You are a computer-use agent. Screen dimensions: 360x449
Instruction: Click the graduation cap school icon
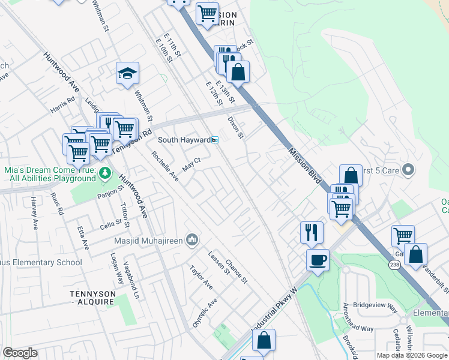(127, 74)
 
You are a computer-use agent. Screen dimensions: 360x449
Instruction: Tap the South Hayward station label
(184, 140)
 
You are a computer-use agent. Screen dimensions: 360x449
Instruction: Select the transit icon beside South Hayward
(214, 140)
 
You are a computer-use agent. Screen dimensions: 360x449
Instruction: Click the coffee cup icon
(318, 260)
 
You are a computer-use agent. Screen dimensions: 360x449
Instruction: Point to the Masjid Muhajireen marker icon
(192, 240)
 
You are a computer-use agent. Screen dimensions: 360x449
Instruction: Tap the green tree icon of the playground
(106, 173)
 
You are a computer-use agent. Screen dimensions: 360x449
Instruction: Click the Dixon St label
(235, 127)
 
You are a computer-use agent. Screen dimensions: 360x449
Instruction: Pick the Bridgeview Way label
(375, 307)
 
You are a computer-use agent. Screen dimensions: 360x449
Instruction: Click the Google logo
(20, 353)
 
